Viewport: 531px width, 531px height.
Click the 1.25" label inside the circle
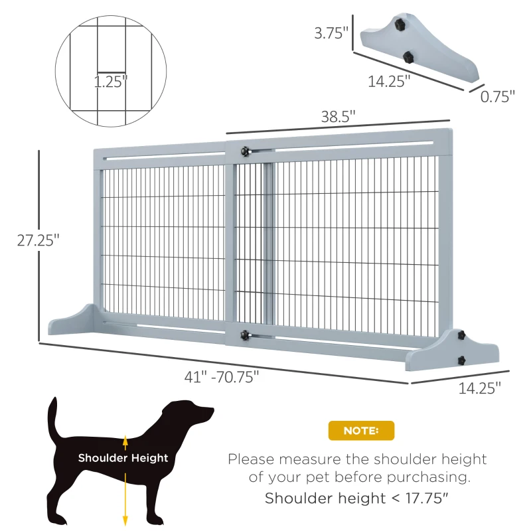click(110, 82)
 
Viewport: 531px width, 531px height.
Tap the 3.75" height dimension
click(331, 33)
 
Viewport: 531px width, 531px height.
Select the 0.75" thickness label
click(498, 97)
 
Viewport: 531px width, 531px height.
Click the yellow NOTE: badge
click(361, 431)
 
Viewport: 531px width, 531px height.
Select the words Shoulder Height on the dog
click(123, 458)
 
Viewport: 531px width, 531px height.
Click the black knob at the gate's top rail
click(248, 152)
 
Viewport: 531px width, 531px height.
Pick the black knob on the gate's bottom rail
click(248, 335)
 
